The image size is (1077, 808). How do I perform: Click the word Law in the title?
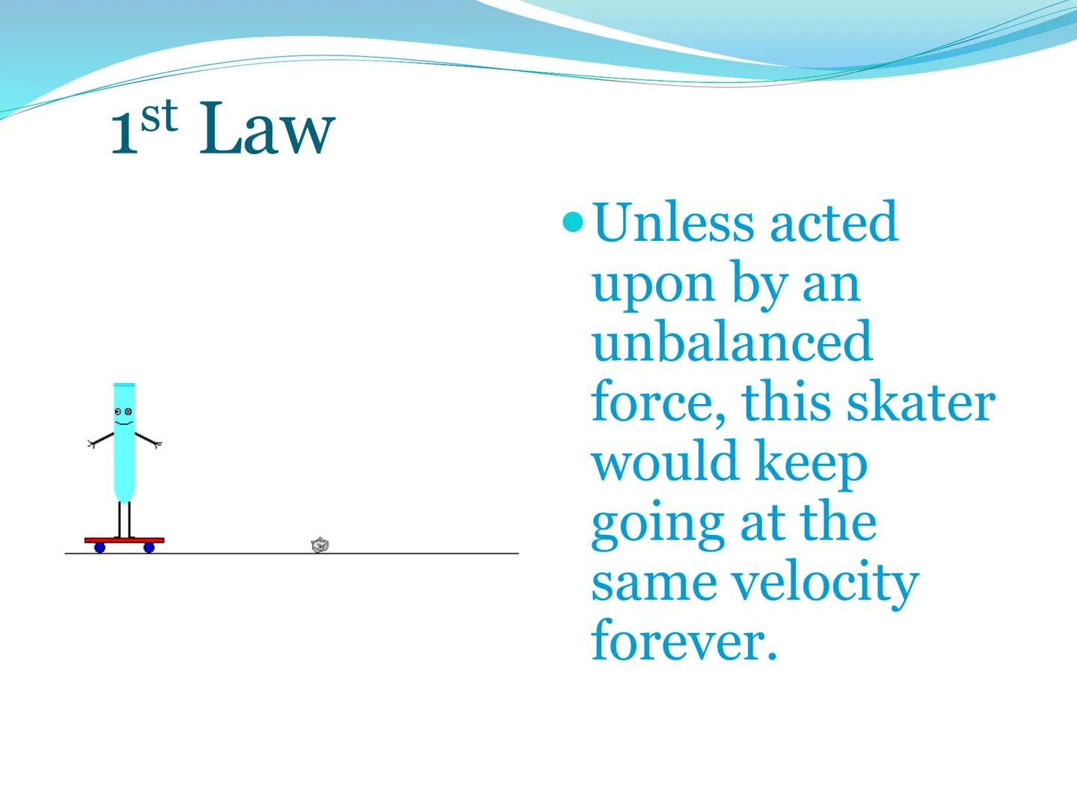coord(266,131)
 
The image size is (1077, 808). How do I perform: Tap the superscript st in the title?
coord(159,118)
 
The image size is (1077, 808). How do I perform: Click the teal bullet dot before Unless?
coord(574,221)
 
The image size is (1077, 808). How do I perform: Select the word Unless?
coord(672,222)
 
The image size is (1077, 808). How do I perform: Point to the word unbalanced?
coord(731,342)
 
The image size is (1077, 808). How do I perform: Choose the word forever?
coord(684,641)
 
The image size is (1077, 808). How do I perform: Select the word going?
coord(656,523)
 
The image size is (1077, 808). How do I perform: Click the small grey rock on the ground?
coord(320,545)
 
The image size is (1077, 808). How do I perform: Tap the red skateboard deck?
coord(124,539)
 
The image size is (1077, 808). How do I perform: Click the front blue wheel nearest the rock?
coord(149,548)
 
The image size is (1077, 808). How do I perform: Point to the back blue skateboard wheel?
coord(99,548)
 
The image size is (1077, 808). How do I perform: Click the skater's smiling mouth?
coord(123,423)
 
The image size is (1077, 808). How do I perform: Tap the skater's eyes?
coord(123,411)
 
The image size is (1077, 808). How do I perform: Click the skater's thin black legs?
coord(124,518)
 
